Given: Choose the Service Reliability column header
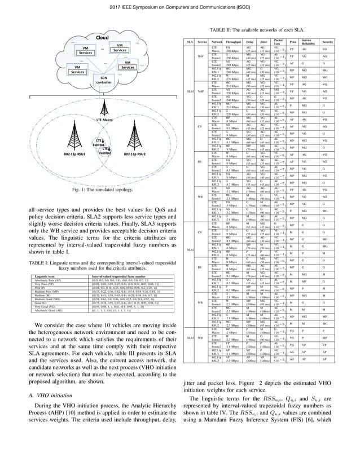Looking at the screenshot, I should pyautogui.click(x=322, y=43).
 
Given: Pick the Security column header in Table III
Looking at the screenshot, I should pyautogui.click(x=343, y=43).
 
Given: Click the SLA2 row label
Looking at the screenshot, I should pyautogui.click(x=191, y=249).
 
